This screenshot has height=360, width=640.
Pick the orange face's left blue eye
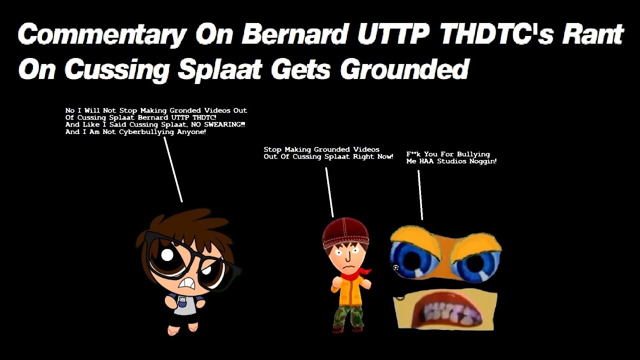tap(411, 259)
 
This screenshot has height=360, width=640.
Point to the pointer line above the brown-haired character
tap(173, 170)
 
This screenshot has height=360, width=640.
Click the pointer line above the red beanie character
tap(329, 192)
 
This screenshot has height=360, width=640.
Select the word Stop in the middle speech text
tap(272, 149)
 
